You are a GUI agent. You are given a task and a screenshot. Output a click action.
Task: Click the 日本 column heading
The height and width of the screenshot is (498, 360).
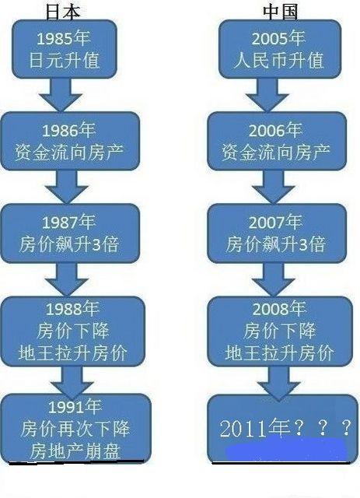[x=63, y=12]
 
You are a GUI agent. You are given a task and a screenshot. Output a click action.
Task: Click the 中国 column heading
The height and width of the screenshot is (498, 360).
[x=281, y=12]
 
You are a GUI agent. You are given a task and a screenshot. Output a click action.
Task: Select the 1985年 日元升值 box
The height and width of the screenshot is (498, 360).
[x=65, y=49]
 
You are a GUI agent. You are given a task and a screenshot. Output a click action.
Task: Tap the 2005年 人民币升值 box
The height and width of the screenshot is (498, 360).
[x=280, y=49]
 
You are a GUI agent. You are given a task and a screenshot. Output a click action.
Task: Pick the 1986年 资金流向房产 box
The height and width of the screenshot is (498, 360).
[x=70, y=141]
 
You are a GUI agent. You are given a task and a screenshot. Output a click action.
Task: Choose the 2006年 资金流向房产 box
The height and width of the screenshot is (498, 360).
[x=277, y=141]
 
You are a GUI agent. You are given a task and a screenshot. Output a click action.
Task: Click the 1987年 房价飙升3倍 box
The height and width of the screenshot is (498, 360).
[x=70, y=233]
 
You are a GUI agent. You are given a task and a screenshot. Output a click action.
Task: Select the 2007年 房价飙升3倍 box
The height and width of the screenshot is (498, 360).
[x=277, y=233]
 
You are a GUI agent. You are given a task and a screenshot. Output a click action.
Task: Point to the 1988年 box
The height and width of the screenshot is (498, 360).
[x=72, y=331]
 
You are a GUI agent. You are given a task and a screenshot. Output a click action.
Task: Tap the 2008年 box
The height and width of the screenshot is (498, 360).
[x=280, y=331]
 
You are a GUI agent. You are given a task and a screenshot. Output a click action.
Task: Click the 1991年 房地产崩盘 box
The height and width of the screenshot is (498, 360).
[x=75, y=428]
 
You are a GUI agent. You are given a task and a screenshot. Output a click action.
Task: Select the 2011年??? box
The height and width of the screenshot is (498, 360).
[x=282, y=429]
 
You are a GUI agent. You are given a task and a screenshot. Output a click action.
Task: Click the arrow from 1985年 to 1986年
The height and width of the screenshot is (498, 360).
[x=61, y=95]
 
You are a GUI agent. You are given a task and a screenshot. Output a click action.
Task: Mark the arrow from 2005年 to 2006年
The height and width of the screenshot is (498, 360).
[x=267, y=95]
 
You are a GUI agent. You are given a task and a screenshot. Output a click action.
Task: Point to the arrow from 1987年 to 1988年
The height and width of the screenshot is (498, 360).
[x=67, y=279]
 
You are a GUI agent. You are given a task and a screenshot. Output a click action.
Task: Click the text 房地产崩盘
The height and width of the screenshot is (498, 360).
[x=75, y=451]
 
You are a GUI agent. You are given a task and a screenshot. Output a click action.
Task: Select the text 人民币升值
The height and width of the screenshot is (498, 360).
[x=278, y=60]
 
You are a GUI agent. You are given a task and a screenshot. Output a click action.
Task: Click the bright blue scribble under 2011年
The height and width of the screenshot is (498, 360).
[x=285, y=449]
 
